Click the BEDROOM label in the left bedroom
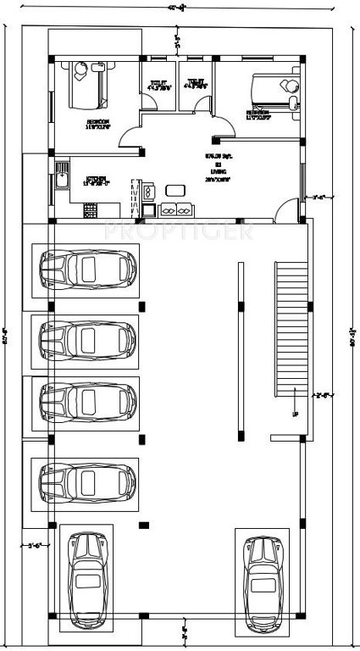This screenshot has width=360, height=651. [97, 122]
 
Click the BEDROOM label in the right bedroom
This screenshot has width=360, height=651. [258, 112]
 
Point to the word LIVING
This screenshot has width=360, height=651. [219, 171]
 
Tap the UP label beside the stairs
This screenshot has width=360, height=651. [295, 415]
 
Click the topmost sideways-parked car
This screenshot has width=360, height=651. [87, 270]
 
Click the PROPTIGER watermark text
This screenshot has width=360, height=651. [178, 231]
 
